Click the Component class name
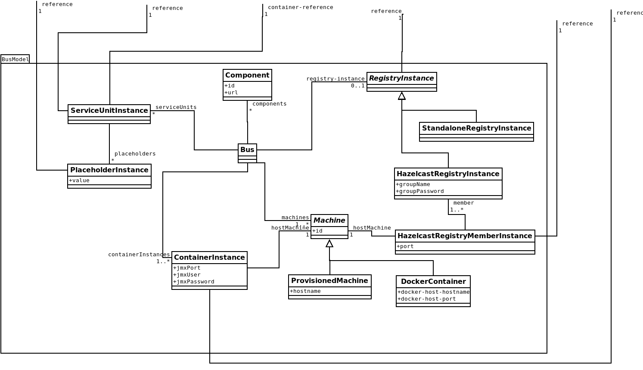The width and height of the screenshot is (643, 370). [247, 75]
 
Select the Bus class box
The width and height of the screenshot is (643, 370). [247, 153]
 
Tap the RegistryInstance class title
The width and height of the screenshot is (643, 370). [401, 78]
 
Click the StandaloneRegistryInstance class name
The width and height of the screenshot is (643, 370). [476, 128]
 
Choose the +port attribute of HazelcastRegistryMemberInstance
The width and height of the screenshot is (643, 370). [405, 246]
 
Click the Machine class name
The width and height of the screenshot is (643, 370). [329, 221]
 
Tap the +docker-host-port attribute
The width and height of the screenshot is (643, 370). [426, 299]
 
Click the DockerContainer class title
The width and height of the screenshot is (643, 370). [433, 282]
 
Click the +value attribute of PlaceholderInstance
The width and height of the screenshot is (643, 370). [79, 180]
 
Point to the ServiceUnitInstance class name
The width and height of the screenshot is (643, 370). [109, 111]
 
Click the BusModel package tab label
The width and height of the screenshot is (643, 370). [15, 59]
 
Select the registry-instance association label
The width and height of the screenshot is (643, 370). [335, 79]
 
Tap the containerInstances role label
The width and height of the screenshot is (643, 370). [139, 255]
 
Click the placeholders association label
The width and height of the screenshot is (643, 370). [135, 154]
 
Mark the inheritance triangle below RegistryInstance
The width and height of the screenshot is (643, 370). [402, 96]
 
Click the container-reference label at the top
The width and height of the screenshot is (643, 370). [300, 7]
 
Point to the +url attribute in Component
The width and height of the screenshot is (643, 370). [231, 93]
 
